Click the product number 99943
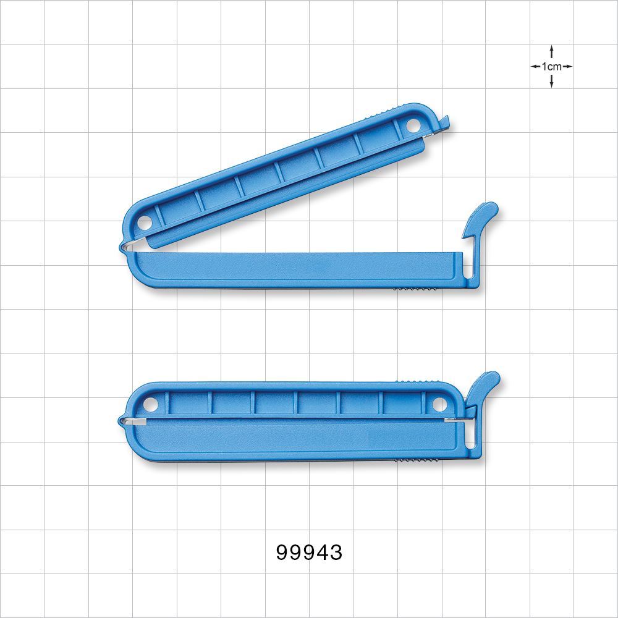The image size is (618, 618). [x=309, y=552]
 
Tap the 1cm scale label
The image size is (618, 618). [x=551, y=66]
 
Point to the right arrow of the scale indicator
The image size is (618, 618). [x=567, y=66]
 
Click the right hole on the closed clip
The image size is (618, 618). [x=439, y=405]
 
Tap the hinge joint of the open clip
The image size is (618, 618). [x=124, y=247]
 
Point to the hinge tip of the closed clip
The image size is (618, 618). [x=121, y=421]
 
